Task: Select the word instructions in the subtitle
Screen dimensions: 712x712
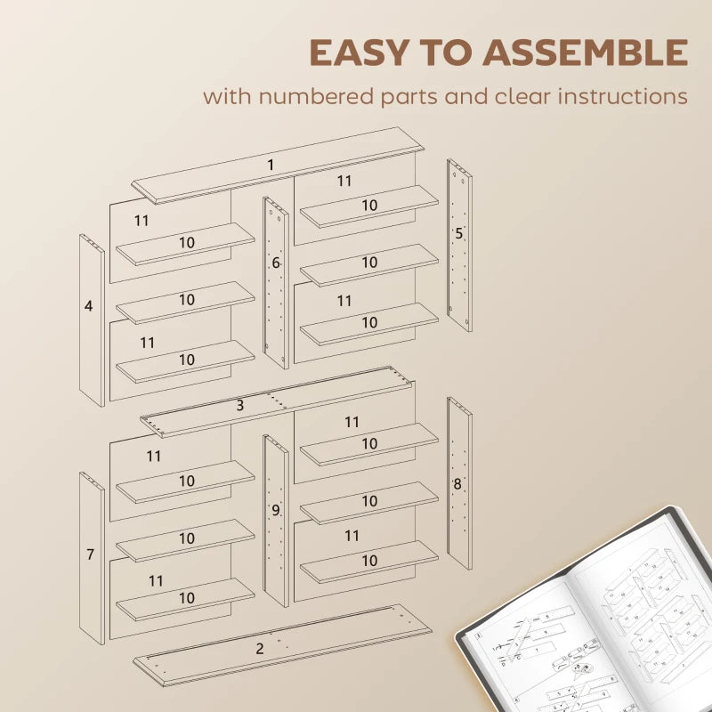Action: tap(622, 96)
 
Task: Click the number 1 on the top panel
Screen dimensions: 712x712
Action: tap(271, 165)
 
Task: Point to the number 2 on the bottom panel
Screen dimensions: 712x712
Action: tap(260, 648)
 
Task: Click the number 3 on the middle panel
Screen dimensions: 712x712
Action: tap(240, 406)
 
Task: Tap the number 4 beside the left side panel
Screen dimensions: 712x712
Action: tap(88, 306)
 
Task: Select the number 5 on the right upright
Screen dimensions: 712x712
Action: tap(459, 234)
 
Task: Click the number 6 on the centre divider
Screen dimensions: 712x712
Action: tap(276, 263)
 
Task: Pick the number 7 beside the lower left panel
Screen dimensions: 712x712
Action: tap(90, 554)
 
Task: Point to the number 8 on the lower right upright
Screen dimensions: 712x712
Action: tap(457, 484)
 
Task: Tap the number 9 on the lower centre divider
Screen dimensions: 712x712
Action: tap(276, 510)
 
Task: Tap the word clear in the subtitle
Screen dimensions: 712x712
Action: tap(522, 96)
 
